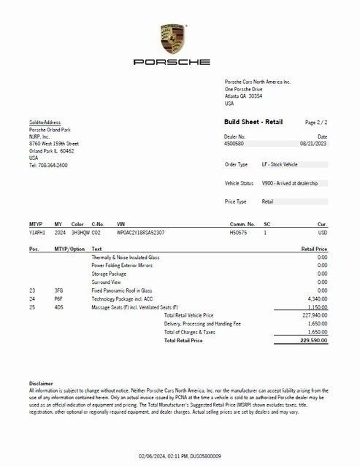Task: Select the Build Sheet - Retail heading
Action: (253, 122)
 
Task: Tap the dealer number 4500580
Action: (235, 144)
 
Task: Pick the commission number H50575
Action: (238, 232)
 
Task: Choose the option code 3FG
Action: (59, 290)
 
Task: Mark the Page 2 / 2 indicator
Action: (316, 123)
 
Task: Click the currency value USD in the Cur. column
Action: (322, 232)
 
